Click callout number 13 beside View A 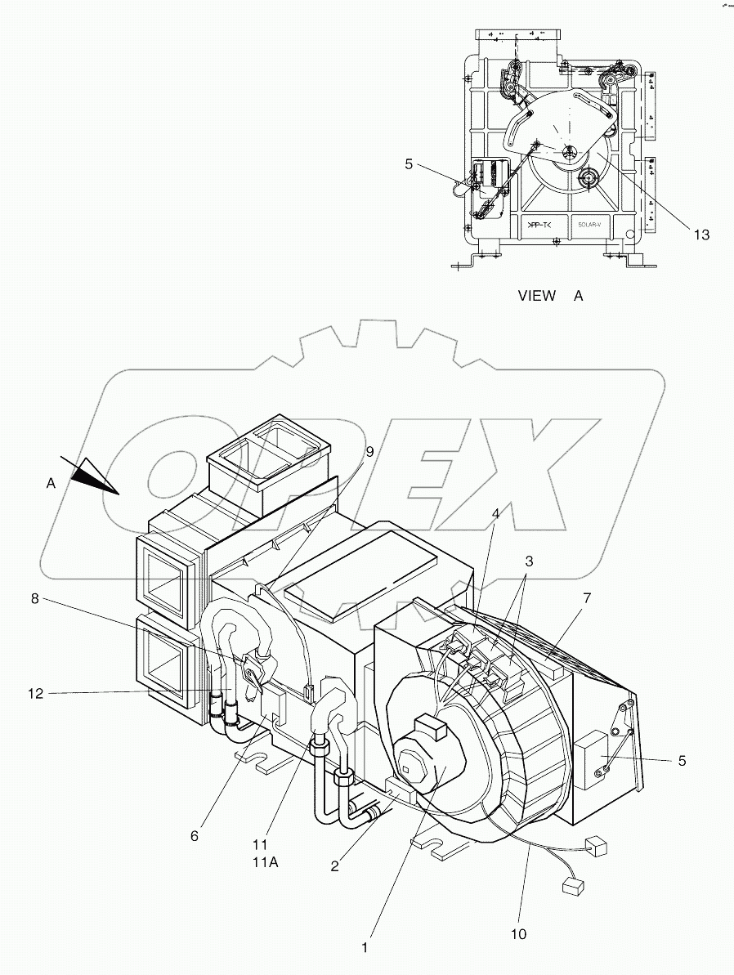tap(700, 235)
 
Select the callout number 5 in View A tap(408, 163)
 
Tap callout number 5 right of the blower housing tap(681, 761)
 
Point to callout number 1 tap(365, 948)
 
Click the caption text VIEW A tap(550, 296)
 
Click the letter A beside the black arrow tap(51, 484)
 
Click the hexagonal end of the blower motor tap(409, 766)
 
